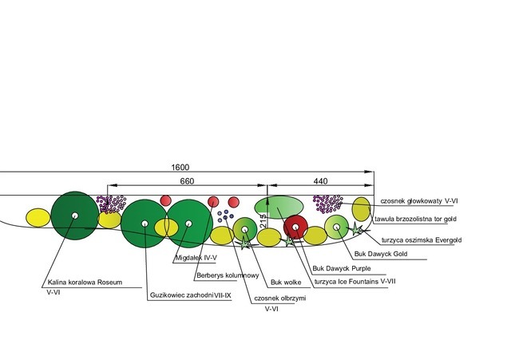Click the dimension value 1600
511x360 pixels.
(180, 167)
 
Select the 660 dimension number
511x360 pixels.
(187, 181)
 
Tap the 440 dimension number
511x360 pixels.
(320, 181)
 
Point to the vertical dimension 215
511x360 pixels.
(263, 221)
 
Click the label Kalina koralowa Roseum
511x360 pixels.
(85, 282)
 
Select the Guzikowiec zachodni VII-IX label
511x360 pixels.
(190, 295)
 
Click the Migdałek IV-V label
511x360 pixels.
(196, 258)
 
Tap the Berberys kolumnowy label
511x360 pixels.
(228, 275)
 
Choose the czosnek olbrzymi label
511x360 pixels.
(280, 298)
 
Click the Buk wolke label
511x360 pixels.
(286, 282)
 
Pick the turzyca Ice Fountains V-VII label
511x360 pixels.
(355, 281)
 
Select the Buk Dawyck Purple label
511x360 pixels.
(342, 268)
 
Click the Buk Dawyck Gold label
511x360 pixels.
(381, 254)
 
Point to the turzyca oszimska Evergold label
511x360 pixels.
(422, 240)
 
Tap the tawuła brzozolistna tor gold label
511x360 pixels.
(415, 219)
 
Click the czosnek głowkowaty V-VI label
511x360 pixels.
(419, 201)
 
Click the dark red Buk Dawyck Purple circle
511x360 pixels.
(295, 227)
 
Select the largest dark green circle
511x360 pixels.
(74, 216)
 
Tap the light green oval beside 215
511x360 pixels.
(279, 208)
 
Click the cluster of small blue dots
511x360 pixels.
(225, 216)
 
